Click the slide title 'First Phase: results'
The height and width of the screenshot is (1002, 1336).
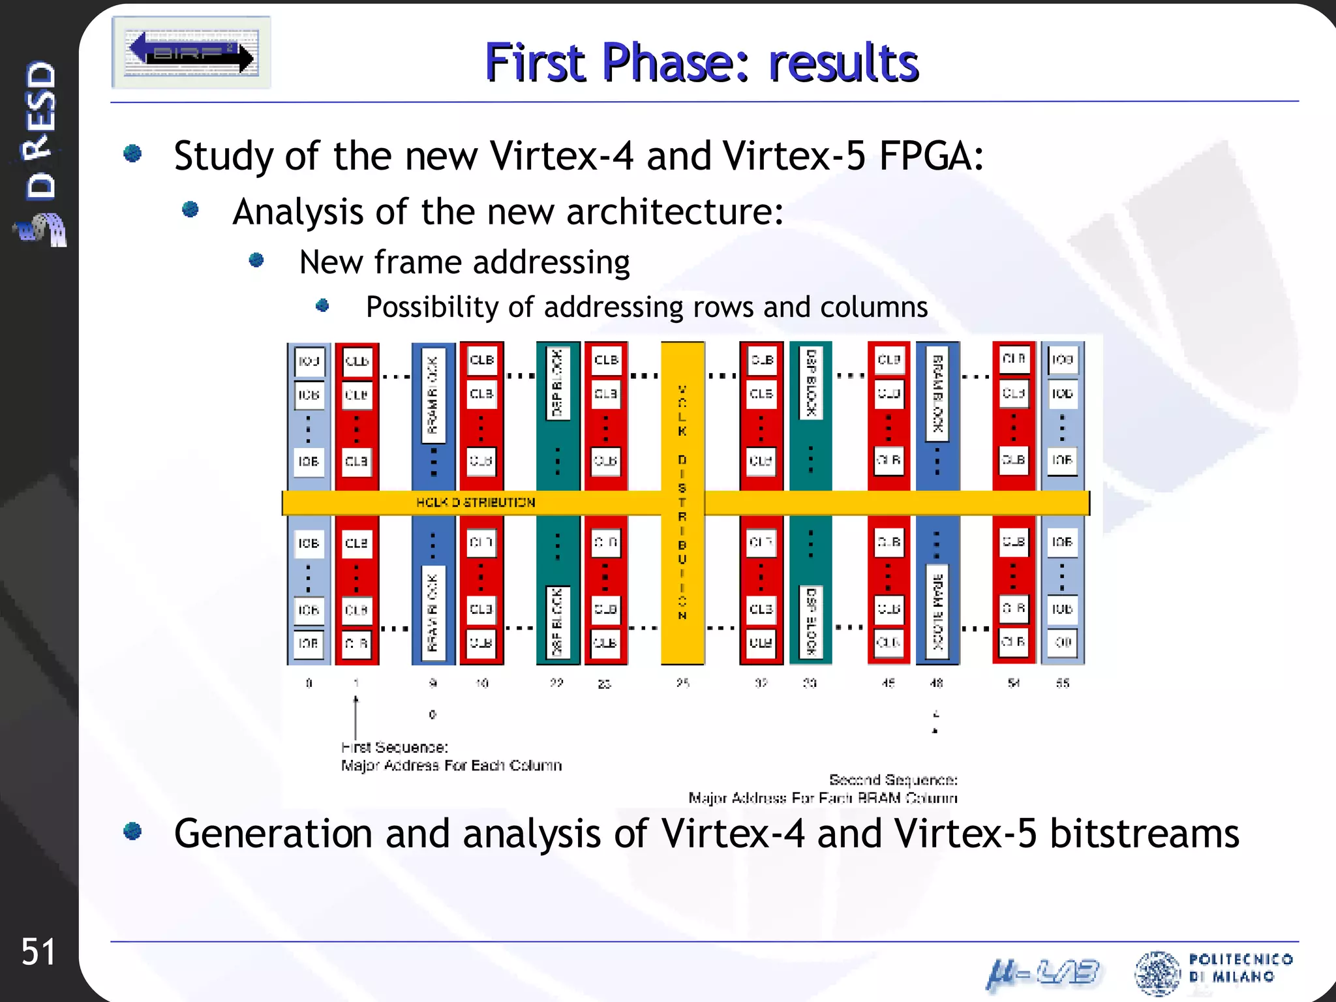pyautogui.click(x=701, y=63)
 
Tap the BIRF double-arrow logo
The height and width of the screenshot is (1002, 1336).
pyautogui.click(x=191, y=53)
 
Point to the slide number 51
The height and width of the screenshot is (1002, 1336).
pyautogui.click(x=38, y=952)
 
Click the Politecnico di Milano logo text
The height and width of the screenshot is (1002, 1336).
pyautogui.click(x=1239, y=968)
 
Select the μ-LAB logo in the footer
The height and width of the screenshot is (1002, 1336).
pyautogui.click(x=1043, y=973)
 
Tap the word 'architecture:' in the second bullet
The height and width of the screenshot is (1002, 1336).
pyautogui.click(x=675, y=213)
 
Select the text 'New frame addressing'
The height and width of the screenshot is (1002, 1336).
pyautogui.click(x=464, y=263)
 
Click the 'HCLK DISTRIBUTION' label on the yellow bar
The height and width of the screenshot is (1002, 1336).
pyautogui.click(x=476, y=502)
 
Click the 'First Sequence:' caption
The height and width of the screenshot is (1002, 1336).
pyautogui.click(x=394, y=747)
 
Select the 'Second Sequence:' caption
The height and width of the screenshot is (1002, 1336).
pyautogui.click(x=892, y=780)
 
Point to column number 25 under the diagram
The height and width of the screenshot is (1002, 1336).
pyautogui.click(x=682, y=683)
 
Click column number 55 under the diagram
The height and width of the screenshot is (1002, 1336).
pyautogui.click(x=1062, y=683)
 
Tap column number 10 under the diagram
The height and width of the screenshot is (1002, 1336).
pyautogui.click(x=481, y=683)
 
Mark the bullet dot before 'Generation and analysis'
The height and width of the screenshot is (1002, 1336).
pyautogui.click(x=133, y=831)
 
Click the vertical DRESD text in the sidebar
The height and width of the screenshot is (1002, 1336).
pyautogui.click(x=40, y=130)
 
